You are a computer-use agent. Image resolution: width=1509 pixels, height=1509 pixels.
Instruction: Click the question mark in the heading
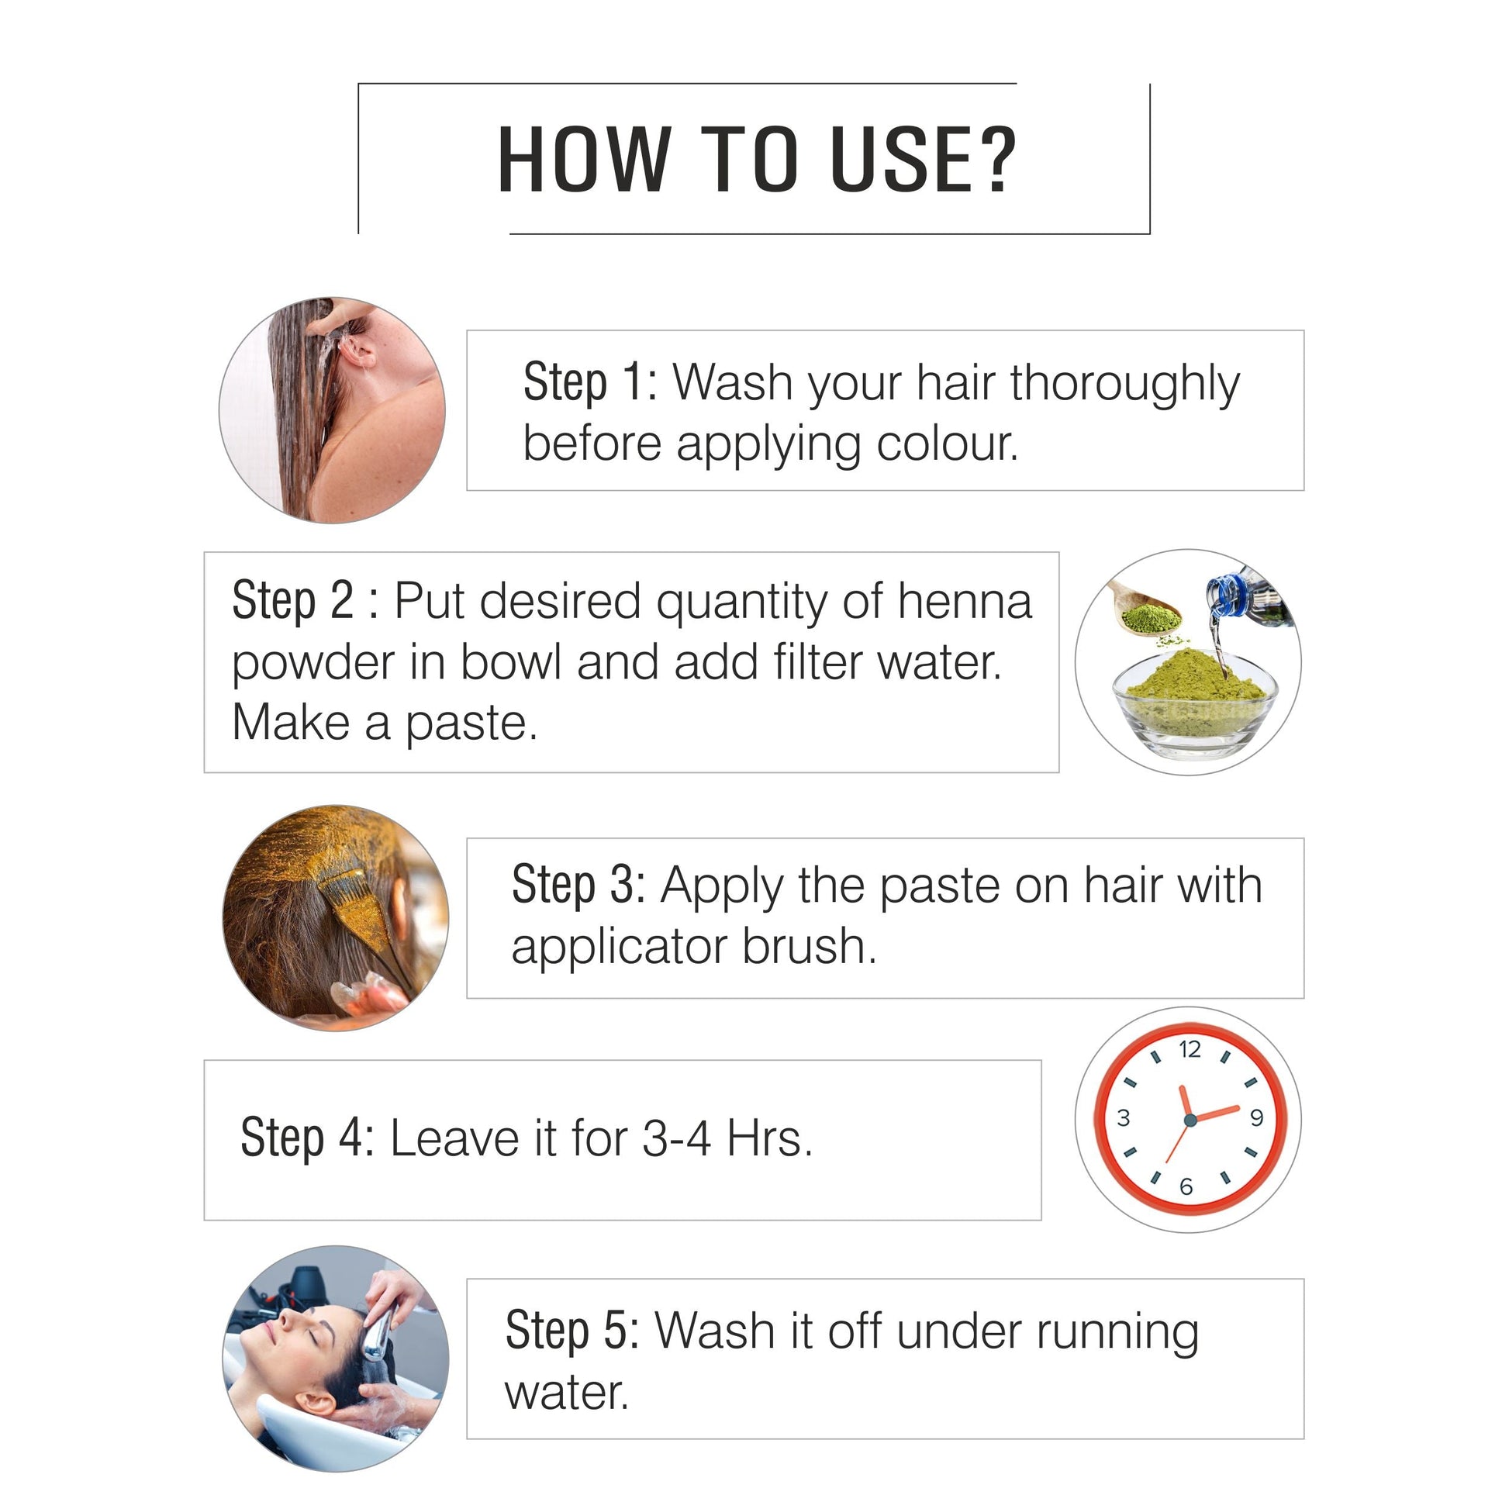[x=993, y=158]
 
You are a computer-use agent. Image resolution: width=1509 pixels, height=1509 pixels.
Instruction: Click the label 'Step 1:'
[x=590, y=383]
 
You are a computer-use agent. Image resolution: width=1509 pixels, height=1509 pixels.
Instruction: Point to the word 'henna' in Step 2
[x=965, y=602]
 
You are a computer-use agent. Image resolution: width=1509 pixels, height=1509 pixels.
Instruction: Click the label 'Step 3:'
[x=578, y=886]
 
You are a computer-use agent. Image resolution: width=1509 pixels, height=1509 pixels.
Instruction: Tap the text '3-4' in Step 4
[x=676, y=1138]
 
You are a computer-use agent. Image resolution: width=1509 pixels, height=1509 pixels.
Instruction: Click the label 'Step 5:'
[x=572, y=1331]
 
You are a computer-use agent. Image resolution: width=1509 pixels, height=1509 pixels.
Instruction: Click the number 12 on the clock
[x=1190, y=1049]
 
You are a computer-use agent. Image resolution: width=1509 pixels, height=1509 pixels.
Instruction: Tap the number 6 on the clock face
[x=1186, y=1187]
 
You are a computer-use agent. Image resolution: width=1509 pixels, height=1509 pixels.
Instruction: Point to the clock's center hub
[x=1190, y=1120]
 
